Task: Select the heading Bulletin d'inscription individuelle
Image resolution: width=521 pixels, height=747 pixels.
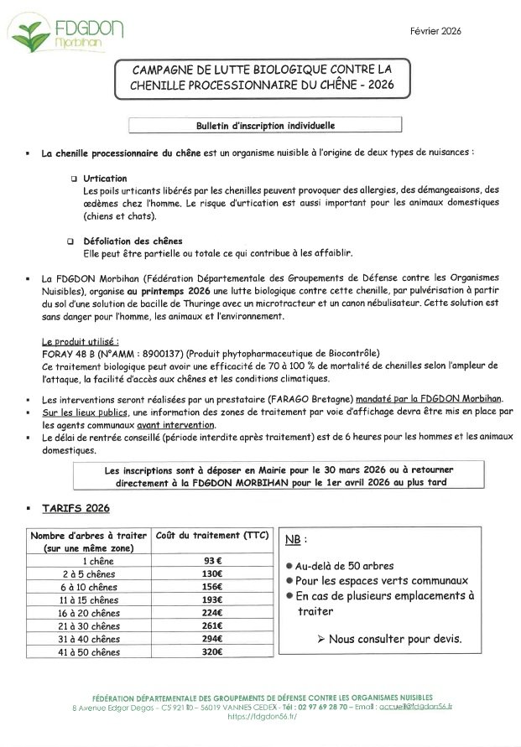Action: pos(264,126)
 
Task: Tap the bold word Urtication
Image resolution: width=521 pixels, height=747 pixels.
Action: pos(105,179)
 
